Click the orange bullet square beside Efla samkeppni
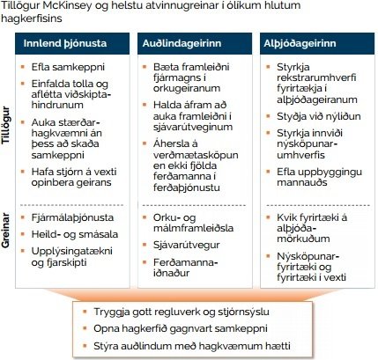(x=33, y=67)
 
